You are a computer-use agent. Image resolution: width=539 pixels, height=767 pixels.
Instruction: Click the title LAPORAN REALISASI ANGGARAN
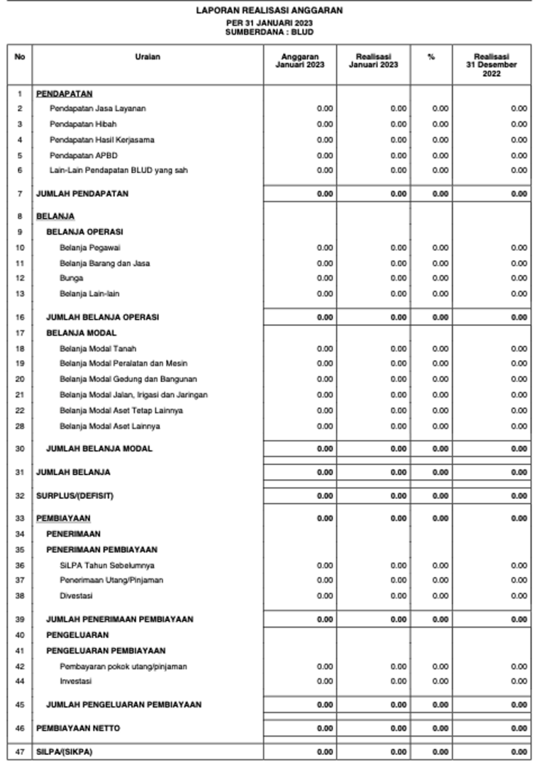[x=269, y=11]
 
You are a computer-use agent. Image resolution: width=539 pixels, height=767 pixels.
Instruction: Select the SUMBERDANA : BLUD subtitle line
[x=269, y=33]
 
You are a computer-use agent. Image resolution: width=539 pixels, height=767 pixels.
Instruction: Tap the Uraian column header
[x=147, y=57]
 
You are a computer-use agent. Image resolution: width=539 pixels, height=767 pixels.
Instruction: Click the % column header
[x=431, y=57]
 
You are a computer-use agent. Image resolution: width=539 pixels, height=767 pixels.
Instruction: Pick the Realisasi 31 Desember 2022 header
[x=491, y=65]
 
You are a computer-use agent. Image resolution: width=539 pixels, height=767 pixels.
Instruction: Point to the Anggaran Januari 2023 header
[x=299, y=61]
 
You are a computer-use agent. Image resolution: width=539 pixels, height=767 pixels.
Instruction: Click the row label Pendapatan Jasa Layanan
[x=98, y=109]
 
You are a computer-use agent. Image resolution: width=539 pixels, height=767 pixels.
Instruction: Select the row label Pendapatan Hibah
[x=83, y=124]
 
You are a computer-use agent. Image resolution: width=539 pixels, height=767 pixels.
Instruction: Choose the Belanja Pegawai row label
[x=91, y=247]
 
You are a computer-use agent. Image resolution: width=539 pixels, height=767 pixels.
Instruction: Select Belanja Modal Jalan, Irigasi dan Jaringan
[x=134, y=395]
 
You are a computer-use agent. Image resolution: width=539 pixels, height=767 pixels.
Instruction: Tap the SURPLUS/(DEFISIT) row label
[x=75, y=496]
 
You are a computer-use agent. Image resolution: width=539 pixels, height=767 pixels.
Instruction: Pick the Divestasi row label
[x=76, y=596]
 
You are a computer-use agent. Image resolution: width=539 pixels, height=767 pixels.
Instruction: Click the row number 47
[x=19, y=751]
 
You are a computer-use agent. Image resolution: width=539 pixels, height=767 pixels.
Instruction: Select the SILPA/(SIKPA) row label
[x=64, y=751]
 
